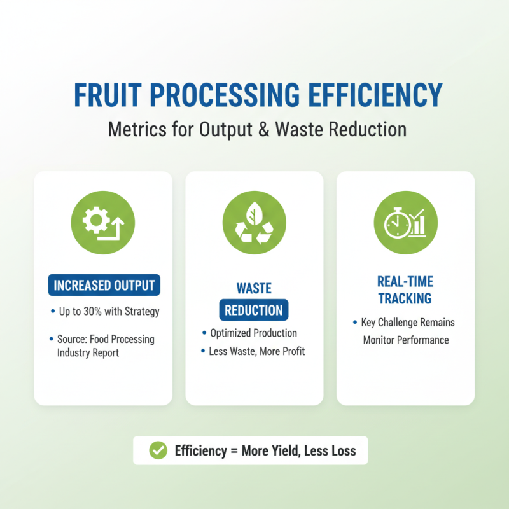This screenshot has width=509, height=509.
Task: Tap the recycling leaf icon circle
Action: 254,223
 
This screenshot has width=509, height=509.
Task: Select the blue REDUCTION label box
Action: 254,310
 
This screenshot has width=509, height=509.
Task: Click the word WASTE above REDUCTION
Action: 254,288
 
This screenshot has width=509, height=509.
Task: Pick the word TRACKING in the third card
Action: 405,298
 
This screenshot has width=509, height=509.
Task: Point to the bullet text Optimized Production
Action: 253,333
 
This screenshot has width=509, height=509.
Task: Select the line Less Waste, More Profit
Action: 256,351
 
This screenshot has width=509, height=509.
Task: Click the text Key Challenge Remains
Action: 408,323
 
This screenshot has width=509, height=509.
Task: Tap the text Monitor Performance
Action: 406,340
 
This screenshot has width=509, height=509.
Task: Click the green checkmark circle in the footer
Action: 157,451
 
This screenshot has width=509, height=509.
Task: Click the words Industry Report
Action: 88,352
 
